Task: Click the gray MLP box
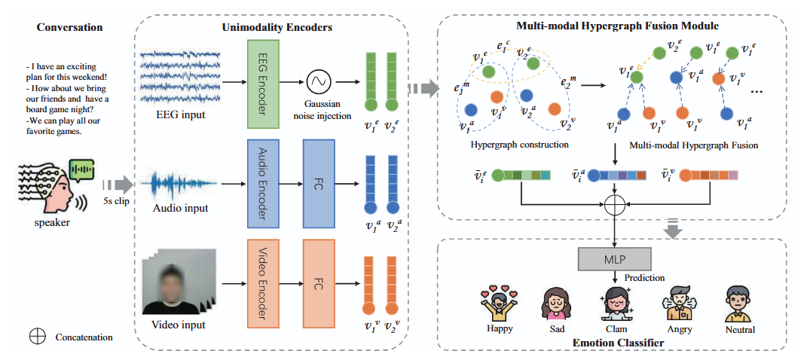click(x=614, y=258)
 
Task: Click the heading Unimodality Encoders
click(x=277, y=27)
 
